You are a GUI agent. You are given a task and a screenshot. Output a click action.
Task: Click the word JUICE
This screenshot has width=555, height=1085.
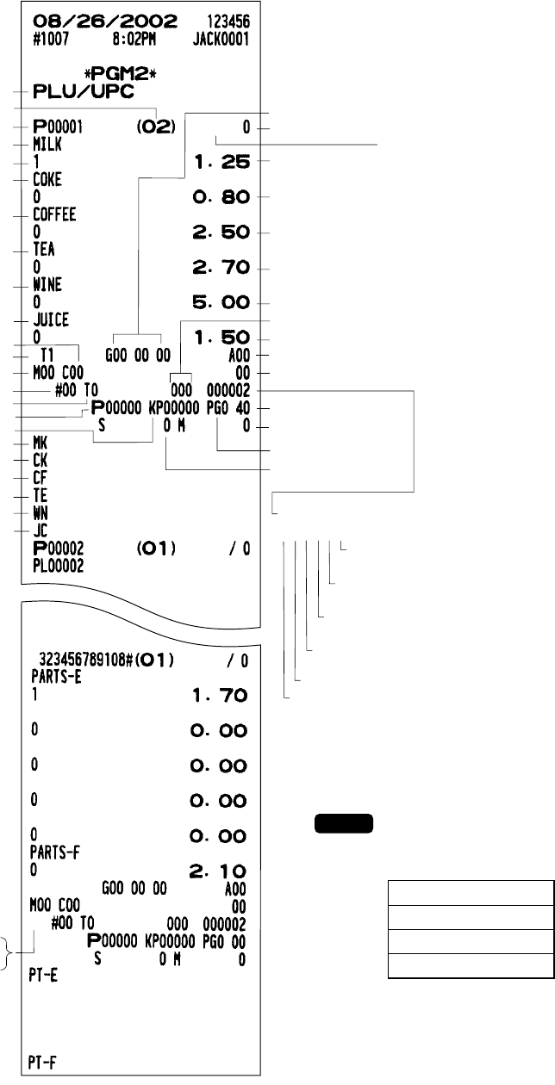(50, 320)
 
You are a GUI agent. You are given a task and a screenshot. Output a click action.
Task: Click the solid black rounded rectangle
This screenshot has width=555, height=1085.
(343, 822)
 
